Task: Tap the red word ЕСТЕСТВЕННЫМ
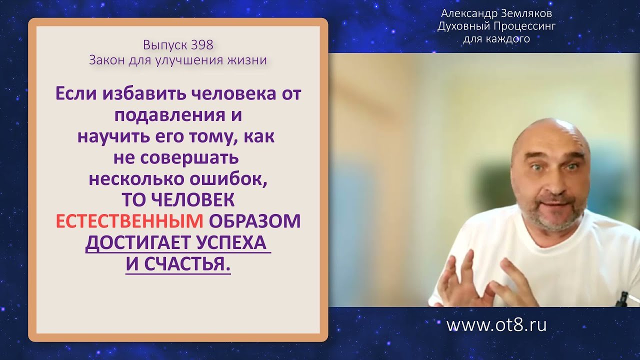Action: tap(129, 221)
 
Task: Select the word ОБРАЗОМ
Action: tap(254, 221)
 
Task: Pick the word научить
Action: tap(106, 136)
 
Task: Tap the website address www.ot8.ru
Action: tap(496, 325)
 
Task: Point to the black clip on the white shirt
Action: tap(622, 298)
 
